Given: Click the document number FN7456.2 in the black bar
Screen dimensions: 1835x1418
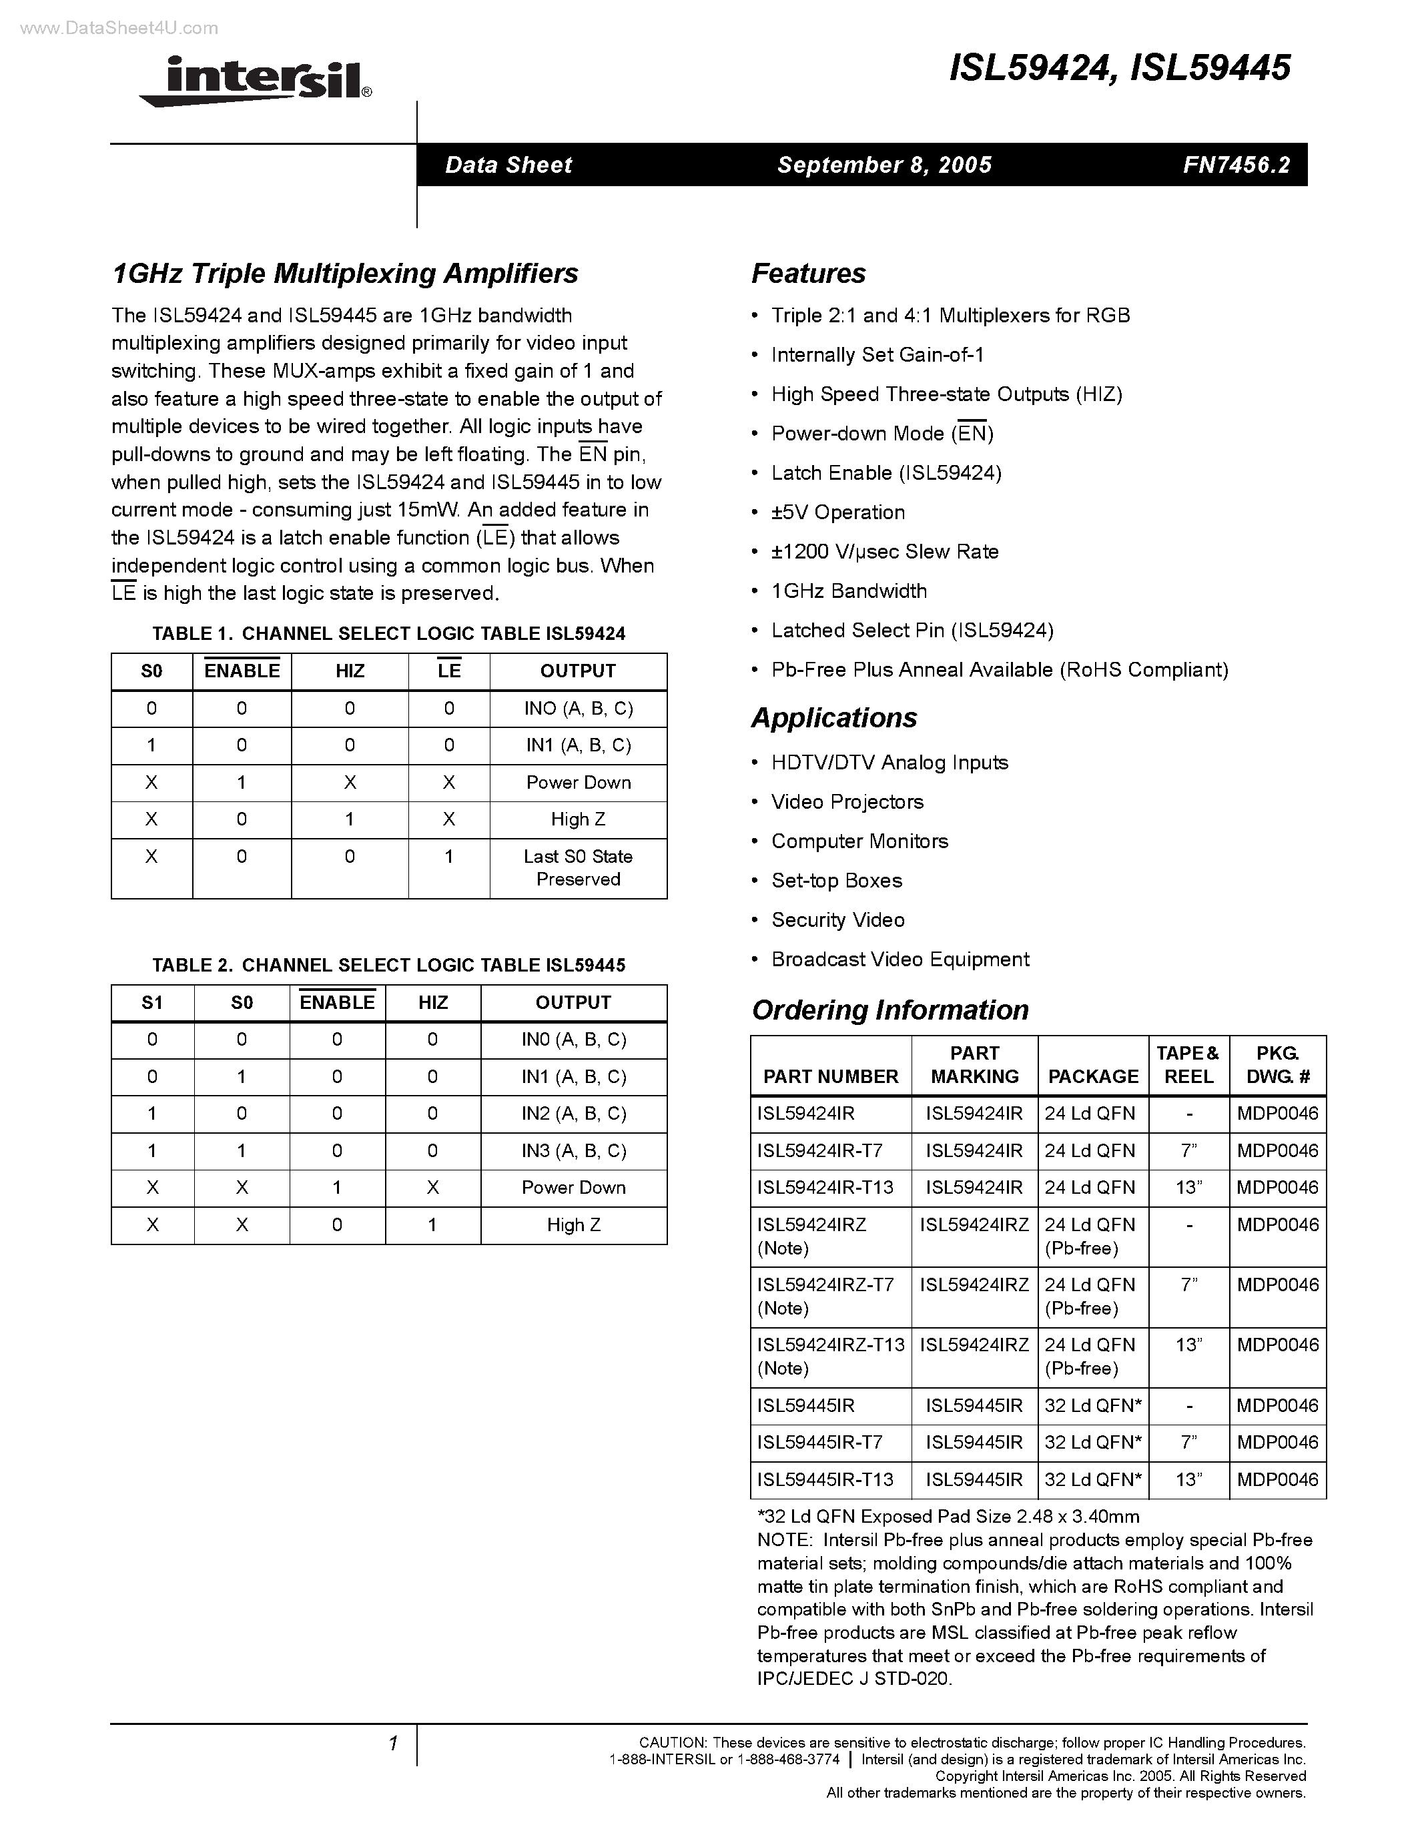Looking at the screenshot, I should (x=1236, y=165).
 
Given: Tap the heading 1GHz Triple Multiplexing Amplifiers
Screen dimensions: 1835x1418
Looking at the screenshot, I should (x=344, y=274).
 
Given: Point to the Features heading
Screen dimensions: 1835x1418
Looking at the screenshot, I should (x=807, y=274).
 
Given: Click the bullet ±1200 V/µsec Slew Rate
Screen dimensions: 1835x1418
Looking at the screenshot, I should (x=885, y=552).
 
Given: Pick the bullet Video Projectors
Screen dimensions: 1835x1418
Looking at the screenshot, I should (x=847, y=802).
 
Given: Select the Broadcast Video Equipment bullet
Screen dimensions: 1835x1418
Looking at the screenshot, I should (x=900, y=960).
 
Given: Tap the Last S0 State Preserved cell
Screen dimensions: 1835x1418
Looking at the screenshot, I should (x=578, y=868).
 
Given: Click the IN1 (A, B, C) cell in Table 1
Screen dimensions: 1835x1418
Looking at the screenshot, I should (x=578, y=745).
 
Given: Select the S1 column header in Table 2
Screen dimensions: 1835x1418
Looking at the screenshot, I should (x=152, y=1002).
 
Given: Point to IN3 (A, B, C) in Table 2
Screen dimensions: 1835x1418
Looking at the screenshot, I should (x=574, y=1151).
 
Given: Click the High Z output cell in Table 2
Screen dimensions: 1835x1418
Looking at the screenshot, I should (x=574, y=1225).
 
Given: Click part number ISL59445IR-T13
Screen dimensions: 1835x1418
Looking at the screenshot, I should (x=825, y=1479).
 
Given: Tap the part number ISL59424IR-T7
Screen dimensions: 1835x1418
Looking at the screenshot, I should (x=819, y=1150).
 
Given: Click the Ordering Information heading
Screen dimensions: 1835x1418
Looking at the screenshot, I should (x=890, y=1010).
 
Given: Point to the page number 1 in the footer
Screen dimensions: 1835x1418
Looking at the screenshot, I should (x=392, y=1744).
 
